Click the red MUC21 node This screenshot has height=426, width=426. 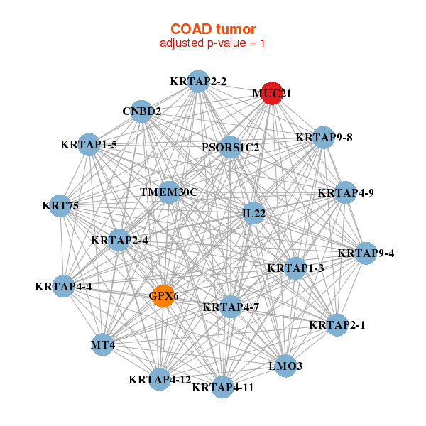(272, 93)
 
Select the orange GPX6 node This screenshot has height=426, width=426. (164, 295)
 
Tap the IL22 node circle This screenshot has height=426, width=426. (253, 213)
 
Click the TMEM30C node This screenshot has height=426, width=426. (169, 192)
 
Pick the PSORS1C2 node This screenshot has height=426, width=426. (230, 148)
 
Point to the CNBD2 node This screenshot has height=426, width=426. (142, 111)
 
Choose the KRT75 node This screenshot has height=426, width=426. (60, 206)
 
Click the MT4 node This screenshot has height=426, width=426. (104, 345)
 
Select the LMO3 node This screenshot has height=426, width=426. (286, 366)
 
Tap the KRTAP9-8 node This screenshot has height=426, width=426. (324, 137)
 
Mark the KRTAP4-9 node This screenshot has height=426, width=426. (346, 192)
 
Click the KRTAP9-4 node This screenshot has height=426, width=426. (366, 253)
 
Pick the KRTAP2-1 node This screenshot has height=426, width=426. (337, 325)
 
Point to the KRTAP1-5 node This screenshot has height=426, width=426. (89, 145)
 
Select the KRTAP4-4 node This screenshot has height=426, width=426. (64, 287)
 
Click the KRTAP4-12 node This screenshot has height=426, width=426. (160, 379)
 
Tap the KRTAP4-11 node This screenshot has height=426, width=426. (223, 387)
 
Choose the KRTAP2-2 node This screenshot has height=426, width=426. (199, 82)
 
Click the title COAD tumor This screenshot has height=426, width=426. (213, 29)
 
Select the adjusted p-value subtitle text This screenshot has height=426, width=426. (213, 43)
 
